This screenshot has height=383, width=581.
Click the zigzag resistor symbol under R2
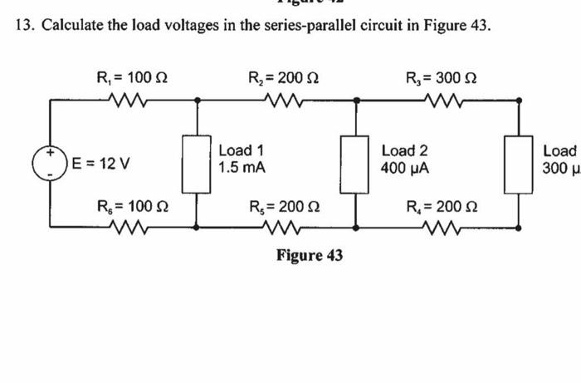[282, 101]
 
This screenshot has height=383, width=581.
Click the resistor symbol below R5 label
[276, 226]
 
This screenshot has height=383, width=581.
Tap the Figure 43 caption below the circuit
[309, 255]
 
